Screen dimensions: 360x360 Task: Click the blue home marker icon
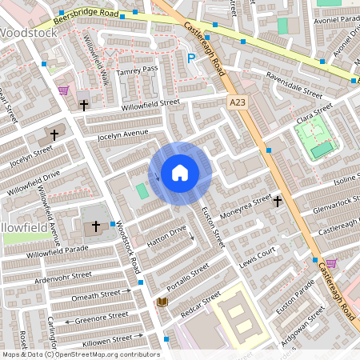coord(180,173)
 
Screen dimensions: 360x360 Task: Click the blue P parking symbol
coord(190,58)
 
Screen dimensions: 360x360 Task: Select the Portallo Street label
coord(187,276)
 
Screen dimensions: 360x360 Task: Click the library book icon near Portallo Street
coord(162,302)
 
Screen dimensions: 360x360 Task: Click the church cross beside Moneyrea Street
coord(277,201)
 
